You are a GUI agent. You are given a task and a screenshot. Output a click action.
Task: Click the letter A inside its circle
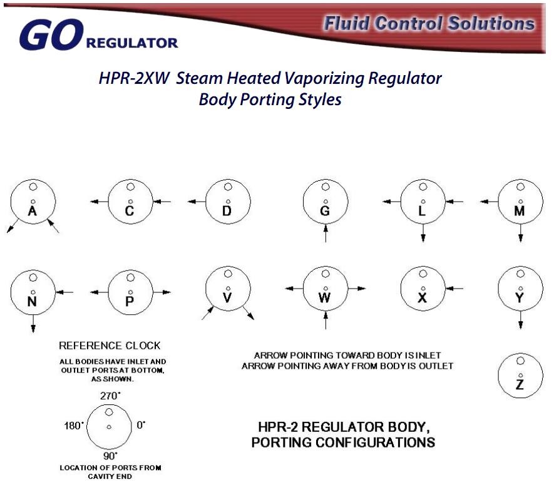click(x=33, y=212)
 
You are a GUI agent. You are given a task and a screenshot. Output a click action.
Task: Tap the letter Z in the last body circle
click(x=520, y=385)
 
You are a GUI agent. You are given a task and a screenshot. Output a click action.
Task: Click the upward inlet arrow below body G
click(x=326, y=234)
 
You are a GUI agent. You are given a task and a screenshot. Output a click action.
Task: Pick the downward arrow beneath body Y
click(x=520, y=320)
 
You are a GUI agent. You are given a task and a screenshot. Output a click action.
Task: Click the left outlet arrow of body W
click(x=294, y=289)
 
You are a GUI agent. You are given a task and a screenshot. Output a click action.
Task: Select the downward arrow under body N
click(x=33, y=323)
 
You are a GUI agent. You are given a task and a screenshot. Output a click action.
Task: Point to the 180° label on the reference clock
click(x=74, y=425)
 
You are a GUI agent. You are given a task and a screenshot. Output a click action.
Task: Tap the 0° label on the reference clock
click(x=141, y=425)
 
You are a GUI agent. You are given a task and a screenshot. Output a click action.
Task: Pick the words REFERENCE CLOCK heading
click(x=110, y=346)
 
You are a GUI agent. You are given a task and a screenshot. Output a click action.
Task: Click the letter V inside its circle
click(x=227, y=299)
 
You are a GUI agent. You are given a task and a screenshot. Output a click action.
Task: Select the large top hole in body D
click(x=227, y=186)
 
